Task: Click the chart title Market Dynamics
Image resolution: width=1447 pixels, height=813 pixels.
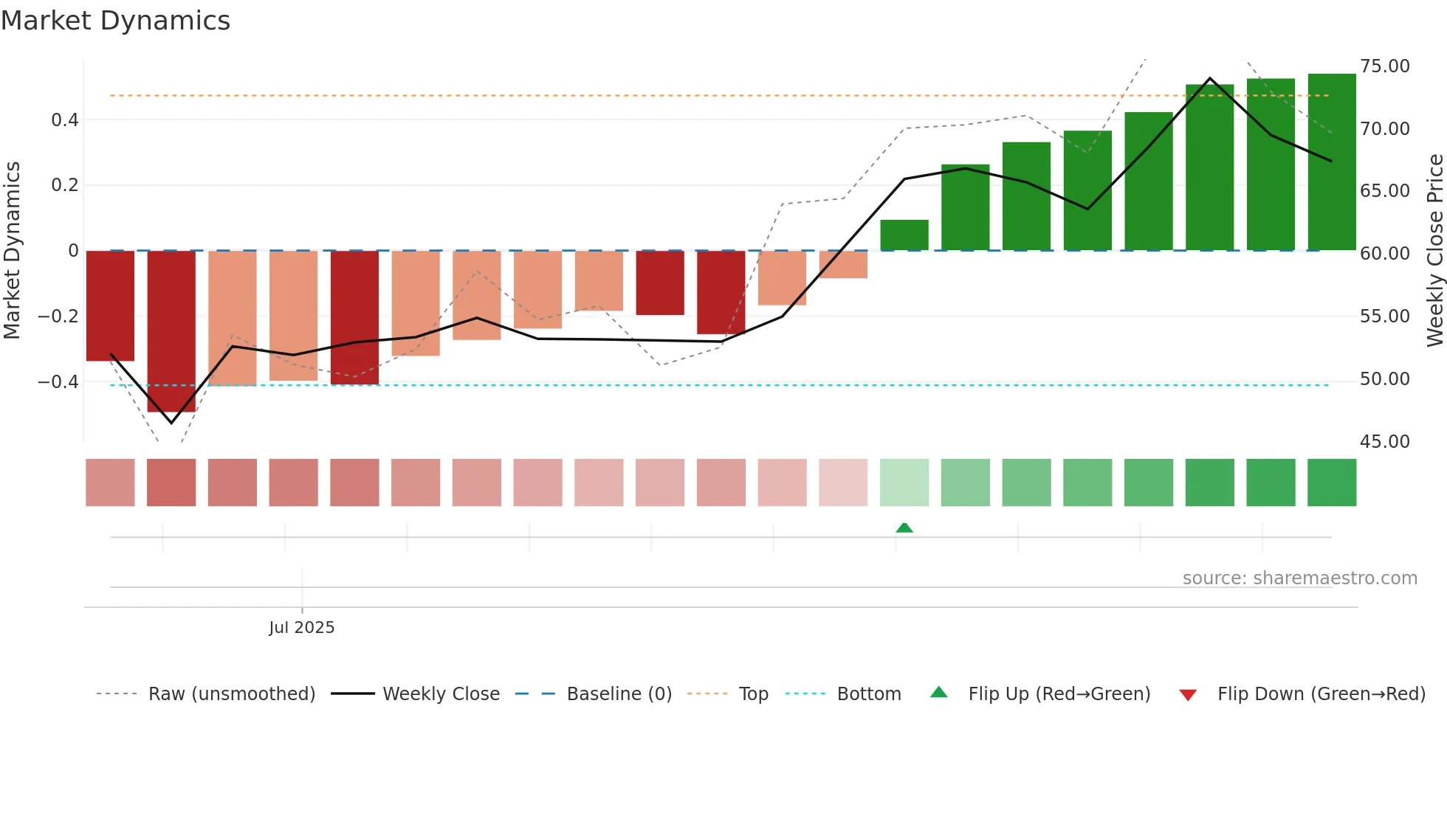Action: (115, 21)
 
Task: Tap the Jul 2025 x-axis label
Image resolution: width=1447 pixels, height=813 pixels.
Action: (301, 627)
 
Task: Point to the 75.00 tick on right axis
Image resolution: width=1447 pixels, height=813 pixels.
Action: (1384, 66)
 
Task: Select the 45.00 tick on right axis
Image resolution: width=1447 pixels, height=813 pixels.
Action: (1384, 441)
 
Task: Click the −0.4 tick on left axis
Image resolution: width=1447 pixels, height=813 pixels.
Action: (58, 381)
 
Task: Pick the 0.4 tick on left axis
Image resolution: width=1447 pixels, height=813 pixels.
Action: (64, 120)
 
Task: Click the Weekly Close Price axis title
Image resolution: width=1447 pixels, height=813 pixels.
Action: (1434, 250)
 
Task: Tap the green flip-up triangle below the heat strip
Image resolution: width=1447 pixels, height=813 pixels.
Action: (904, 527)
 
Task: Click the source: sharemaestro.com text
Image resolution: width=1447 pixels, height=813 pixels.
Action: (1299, 578)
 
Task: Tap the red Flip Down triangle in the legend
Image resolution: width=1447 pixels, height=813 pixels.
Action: (1188, 695)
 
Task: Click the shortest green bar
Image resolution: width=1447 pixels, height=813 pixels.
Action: (904, 235)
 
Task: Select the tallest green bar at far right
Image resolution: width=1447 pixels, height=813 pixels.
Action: (1332, 162)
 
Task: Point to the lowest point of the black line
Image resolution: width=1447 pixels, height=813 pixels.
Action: (171, 423)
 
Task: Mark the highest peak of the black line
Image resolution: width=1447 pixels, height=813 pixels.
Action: (1209, 78)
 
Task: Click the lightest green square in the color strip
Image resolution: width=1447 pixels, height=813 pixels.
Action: (904, 482)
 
